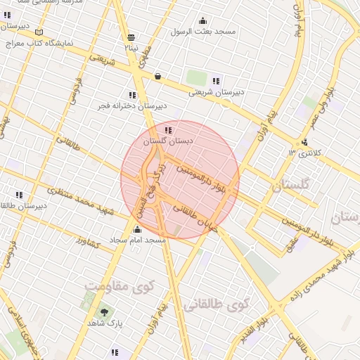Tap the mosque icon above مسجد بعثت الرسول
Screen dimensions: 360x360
coord(203,20)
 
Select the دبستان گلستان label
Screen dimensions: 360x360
coord(167,141)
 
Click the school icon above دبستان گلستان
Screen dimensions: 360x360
coord(167,130)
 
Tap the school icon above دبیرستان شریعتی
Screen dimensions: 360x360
coord(215,80)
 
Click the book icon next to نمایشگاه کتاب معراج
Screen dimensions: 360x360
coord(39,32)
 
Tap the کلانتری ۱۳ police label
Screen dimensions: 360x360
coord(304,153)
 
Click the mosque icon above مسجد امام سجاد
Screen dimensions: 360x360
coord(137,229)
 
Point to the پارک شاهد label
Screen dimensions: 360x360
coord(105,323)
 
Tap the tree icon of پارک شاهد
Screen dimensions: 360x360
coord(105,311)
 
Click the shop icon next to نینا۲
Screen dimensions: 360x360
coord(131,38)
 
